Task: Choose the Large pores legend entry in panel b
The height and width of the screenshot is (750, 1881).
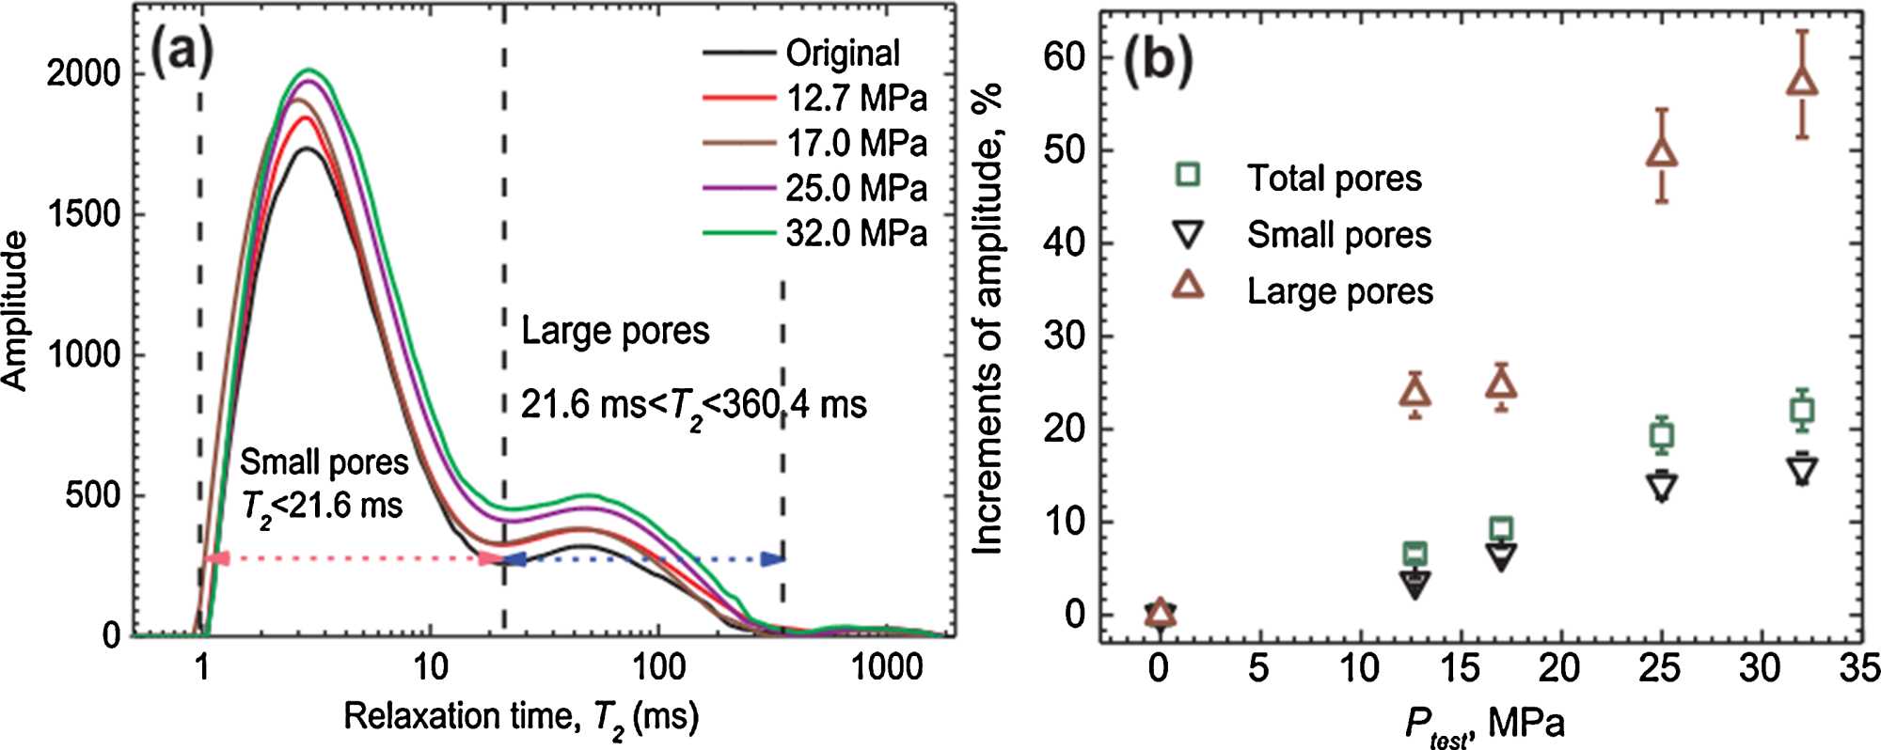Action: tap(1339, 291)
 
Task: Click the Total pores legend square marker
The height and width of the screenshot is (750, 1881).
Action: tap(1188, 175)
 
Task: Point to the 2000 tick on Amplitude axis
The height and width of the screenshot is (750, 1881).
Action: tap(84, 72)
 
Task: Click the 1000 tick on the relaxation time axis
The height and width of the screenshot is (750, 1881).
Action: tap(886, 667)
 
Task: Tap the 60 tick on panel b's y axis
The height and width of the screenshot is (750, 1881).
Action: tap(1064, 57)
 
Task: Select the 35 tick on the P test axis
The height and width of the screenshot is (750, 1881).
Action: tap(1859, 668)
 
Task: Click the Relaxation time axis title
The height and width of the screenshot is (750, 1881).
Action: tap(521, 718)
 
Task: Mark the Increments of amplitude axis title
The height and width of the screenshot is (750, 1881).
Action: tap(988, 320)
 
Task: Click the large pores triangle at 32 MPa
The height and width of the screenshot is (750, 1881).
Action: tap(1802, 82)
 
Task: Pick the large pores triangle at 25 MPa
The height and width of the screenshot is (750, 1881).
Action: tap(1662, 152)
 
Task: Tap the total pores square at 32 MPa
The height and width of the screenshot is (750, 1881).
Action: tap(1802, 411)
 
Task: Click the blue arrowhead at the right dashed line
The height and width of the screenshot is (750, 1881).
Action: tap(773, 559)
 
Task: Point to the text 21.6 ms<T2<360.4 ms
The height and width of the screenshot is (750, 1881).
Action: tap(693, 406)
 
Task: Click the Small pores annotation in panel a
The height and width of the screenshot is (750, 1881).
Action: tap(324, 462)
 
